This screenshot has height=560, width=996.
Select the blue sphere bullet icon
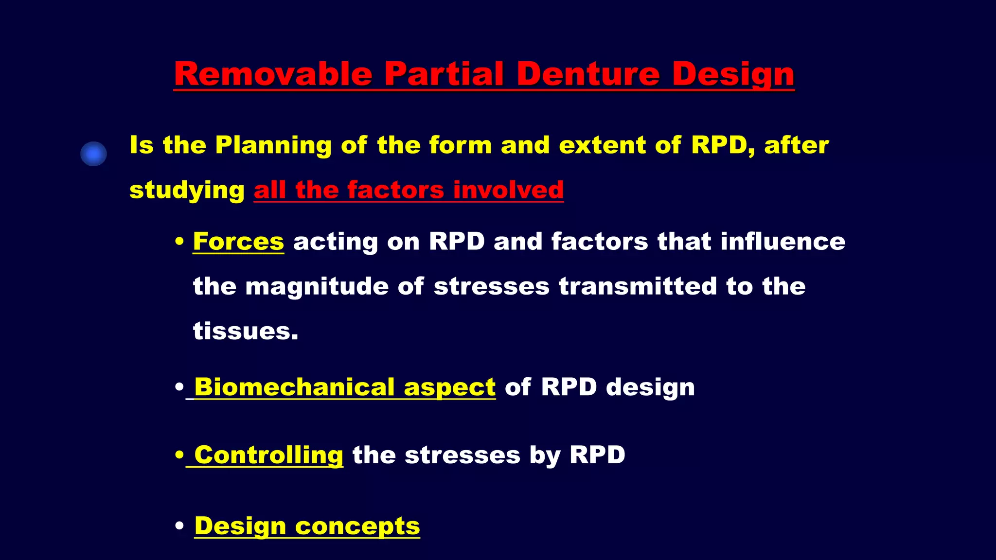[x=93, y=154]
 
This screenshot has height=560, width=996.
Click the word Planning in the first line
[x=273, y=145]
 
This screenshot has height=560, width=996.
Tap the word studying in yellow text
[x=187, y=191]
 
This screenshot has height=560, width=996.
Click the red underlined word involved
[x=508, y=190]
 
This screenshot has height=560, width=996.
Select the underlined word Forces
[x=238, y=241]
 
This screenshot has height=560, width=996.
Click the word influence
[x=783, y=241]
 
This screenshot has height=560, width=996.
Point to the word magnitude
[x=317, y=286]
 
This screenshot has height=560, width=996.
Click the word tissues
[x=245, y=331]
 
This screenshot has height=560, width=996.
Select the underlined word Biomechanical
[x=294, y=387]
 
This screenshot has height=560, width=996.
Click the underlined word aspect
[x=449, y=388]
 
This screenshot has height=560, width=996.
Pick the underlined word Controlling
[x=268, y=455]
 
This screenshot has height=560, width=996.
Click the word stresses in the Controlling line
[x=462, y=455]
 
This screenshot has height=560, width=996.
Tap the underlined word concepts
[x=357, y=526]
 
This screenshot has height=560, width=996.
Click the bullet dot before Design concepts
[x=179, y=526]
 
